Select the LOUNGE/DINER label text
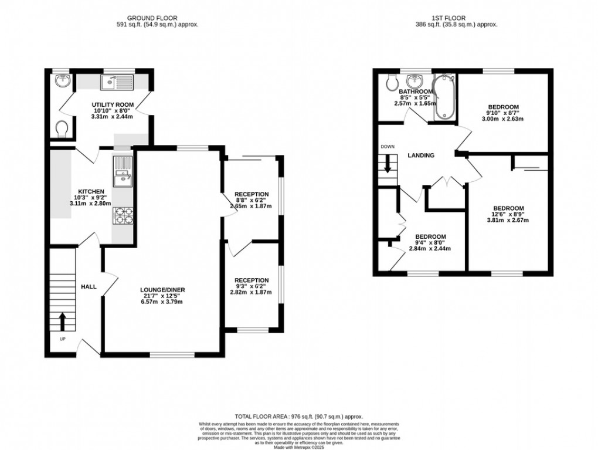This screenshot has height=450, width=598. (161, 290)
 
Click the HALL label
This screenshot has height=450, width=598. (89, 286)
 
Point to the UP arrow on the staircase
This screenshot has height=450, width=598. (63, 322)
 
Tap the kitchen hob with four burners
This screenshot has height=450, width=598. (124, 216)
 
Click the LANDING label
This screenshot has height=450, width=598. (421, 155)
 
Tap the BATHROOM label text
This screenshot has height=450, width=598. (416, 92)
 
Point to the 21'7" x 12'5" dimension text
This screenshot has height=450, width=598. (161, 296)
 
